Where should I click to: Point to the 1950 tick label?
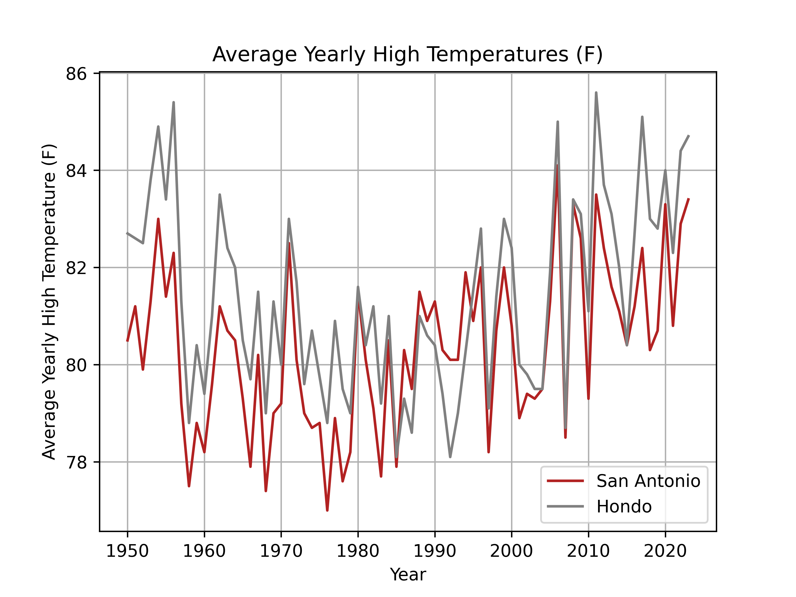(127, 551)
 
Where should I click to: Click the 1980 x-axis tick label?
(358, 551)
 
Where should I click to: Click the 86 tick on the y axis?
(76, 74)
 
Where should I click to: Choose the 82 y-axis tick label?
(76, 268)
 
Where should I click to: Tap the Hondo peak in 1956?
(174, 103)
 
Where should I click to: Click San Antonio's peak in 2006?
(557, 166)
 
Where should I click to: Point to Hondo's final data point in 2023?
(688, 136)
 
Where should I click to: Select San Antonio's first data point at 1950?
(127, 340)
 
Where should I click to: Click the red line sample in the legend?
(565, 481)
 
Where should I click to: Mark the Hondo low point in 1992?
(450, 457)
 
